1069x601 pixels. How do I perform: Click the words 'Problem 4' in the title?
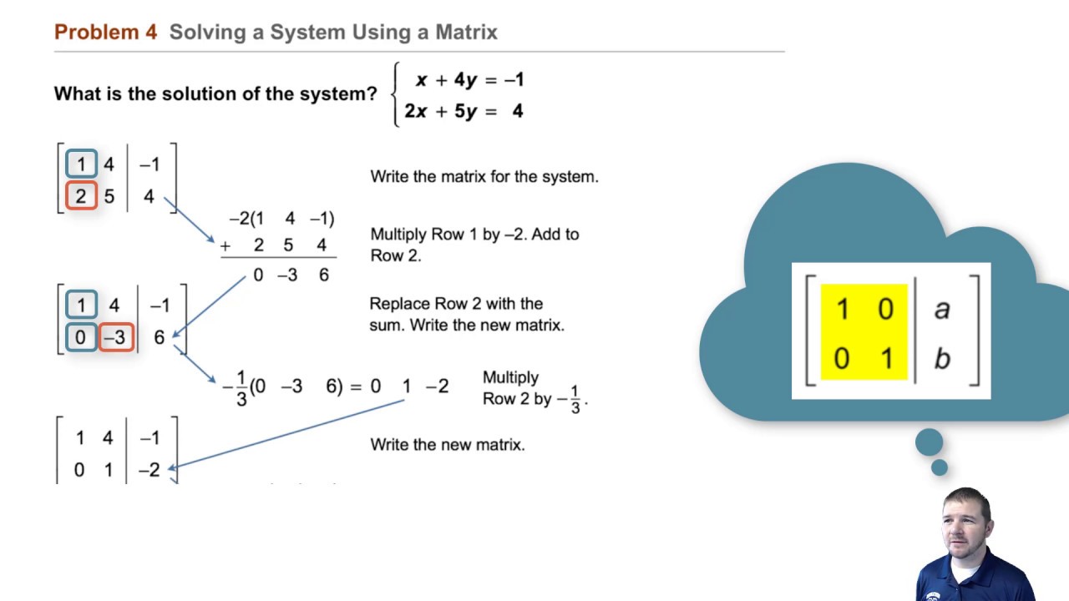click(105, 33)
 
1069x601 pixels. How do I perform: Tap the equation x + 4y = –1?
click(469, 80)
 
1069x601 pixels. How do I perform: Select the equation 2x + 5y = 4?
click(464, 110)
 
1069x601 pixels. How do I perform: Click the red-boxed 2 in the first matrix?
click(81, 197)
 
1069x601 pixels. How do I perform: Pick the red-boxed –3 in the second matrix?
click(116, 337)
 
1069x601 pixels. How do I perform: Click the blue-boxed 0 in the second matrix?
click(81, 337)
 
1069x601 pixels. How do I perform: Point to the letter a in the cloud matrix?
click(942, 309)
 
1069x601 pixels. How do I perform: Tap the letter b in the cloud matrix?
click(942, 358)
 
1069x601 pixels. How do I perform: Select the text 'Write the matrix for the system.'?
click(484, 177)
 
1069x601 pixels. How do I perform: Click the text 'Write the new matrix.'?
click(448, 445)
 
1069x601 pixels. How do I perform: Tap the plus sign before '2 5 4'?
click(225, 246)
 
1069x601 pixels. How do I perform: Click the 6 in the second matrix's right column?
click(159, 337)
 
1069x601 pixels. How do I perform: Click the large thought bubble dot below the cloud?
click(929, 442)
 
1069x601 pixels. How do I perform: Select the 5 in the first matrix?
click(109, 197)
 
